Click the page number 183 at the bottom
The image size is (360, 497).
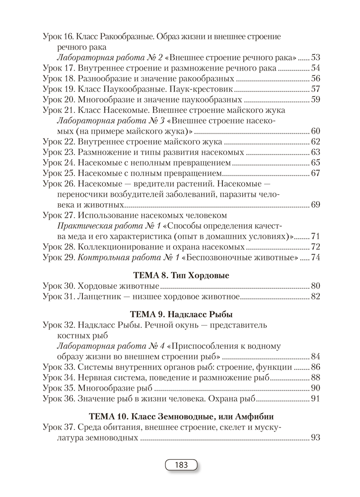(x=180, y=465)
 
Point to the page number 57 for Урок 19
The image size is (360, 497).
(x=315, y=89)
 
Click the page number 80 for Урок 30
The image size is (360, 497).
(x=315, y=286)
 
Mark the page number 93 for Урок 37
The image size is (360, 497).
(x=315, y=438)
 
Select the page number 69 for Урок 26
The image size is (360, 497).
(x=315, y=205)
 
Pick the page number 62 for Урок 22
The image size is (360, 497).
(x=315, y=142)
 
